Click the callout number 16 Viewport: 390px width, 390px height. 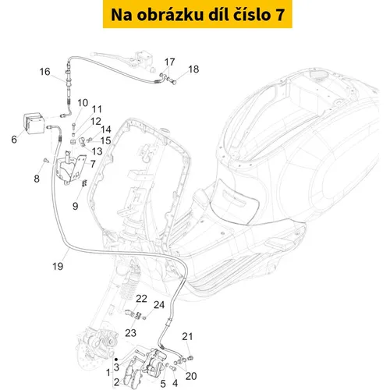point(44,72)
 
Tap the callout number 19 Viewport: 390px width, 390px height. point(58,266)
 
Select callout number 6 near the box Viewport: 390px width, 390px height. point(14,140)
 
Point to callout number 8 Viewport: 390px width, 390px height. point(37,179)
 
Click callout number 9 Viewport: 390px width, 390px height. point(75,206)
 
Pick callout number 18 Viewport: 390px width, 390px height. point(193,69)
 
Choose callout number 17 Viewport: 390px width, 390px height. point(169,62)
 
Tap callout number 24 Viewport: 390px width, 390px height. point(159,305)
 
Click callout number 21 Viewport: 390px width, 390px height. point(187,336)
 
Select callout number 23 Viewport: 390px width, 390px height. point(130,333)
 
